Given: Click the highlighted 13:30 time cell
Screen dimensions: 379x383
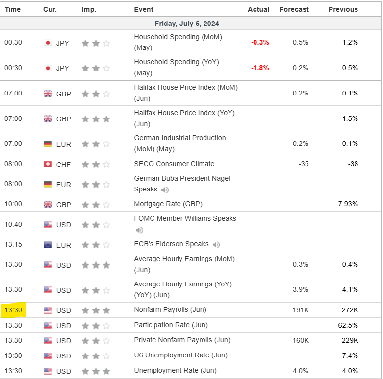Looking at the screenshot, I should pos(13,310).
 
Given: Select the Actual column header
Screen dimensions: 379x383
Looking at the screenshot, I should pos(258,9).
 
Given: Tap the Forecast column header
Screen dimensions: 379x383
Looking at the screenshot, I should pos(294,9).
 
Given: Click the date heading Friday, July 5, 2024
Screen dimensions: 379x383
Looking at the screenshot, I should pos(187,24).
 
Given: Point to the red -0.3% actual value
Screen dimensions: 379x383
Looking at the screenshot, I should pos(260,42).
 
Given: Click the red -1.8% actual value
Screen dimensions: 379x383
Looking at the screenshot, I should pos(260,68).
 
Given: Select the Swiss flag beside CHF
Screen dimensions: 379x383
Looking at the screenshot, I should pos(48,164).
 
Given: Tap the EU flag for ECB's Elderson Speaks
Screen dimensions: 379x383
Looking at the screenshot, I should pos(48,245).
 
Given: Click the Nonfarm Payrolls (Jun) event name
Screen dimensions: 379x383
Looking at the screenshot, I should pos(170,310).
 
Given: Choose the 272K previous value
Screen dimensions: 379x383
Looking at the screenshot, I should pos(350,310).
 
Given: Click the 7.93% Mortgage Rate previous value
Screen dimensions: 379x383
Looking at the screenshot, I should pos(348,204).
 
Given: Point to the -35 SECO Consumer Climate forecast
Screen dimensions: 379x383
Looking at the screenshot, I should pos(303,164).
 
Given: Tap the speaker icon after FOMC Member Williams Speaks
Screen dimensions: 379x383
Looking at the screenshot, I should pos(139,230).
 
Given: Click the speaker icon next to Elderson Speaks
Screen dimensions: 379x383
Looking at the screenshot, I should pos(216,245).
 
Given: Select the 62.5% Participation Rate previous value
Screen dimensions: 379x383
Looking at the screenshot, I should pos(348,325).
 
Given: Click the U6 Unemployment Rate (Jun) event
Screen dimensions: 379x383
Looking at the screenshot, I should pos(174,355).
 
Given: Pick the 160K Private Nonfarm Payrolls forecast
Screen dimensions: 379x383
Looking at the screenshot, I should pos(301,340).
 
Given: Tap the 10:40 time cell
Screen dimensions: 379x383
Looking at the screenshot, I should pos(13,225).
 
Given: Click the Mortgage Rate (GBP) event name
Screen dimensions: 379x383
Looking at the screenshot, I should pos(168,204).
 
